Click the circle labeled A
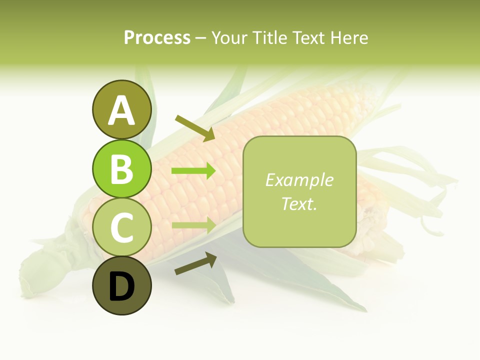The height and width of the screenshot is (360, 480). pos(121,109)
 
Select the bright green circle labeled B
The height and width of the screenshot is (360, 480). pos(121,168)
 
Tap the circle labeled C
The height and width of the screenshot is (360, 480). pos(121,227)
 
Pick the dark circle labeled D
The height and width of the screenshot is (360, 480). pos(121,285)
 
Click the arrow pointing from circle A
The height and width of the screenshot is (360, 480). pos(195,128)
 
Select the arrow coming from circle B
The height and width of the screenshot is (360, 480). pos(193,171)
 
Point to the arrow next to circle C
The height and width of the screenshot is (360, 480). pos(193,224)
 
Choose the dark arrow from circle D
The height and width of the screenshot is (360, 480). pos(195,263)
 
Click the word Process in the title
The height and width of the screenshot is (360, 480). pos(157,37)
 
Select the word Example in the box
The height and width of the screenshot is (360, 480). pos(299,180)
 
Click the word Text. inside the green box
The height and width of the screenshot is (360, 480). pos(299,203)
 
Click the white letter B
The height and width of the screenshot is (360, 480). pos(121,169)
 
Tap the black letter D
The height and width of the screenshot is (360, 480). pos(121,286)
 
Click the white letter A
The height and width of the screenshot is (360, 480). pos(121,110)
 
